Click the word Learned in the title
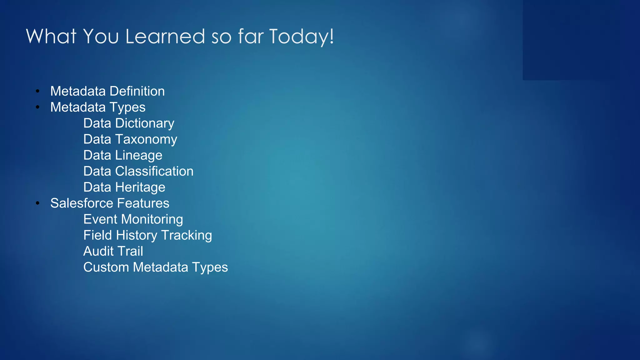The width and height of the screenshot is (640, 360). pos(165,36)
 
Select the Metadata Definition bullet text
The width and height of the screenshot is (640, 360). pos(107,91)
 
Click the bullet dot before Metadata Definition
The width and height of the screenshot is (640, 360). pos(37,91)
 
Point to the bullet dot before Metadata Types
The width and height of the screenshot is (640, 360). pos(37,107)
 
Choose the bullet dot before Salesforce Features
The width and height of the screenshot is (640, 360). pos(37,203)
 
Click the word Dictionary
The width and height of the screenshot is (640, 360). pos(145,123)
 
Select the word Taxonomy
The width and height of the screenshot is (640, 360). pos(146,139)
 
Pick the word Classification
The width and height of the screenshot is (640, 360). pos(154,171)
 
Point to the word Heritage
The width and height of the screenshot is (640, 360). pos(140,187)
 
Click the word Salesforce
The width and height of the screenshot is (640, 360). pos(82,203)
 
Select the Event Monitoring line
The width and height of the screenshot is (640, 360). pos(133,219)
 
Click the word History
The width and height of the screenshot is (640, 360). pos(137,235)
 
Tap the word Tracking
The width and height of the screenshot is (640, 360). pos(187,235)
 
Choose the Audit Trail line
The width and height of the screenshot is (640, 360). pos(113,251)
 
